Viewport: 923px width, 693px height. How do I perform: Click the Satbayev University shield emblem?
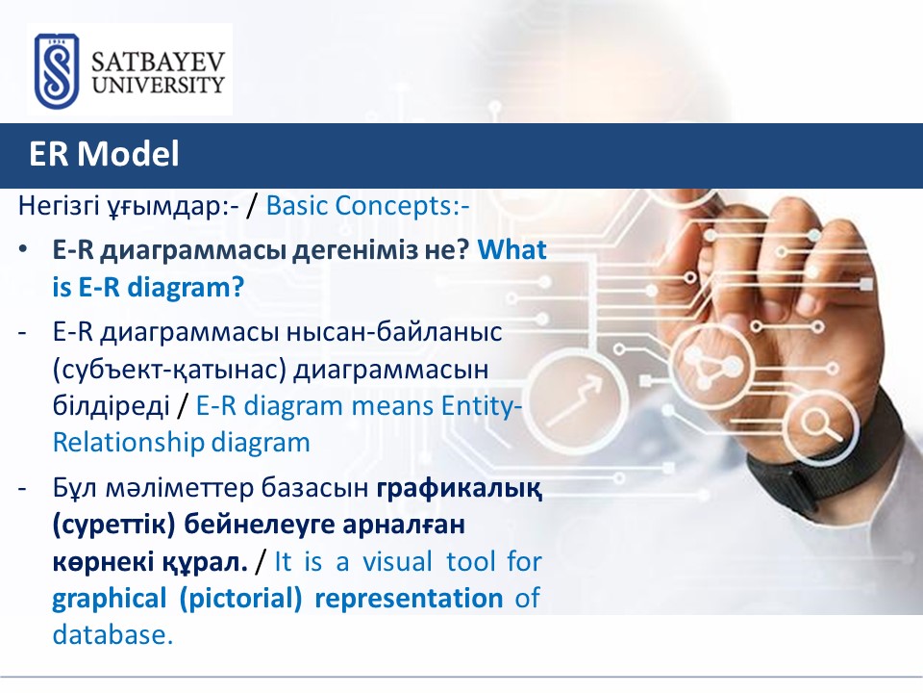click(x=57, y=70)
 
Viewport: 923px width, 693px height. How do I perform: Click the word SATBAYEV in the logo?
click(x=159, y=63)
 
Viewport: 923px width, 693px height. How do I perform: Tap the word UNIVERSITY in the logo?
click(x=159, y=85)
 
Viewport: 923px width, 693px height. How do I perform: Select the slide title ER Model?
click(x=104, y=154)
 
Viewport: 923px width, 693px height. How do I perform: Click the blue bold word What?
click(x=512, y=250)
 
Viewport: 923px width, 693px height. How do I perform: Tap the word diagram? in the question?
click(x=186, y=288)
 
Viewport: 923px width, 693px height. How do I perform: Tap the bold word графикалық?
click(x=460, y=489)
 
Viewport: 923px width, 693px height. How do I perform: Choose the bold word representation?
click(x=410, y=599)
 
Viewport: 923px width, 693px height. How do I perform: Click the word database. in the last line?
click(x=113, y=634)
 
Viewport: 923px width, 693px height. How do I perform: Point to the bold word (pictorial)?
click(x=240, y=599)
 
